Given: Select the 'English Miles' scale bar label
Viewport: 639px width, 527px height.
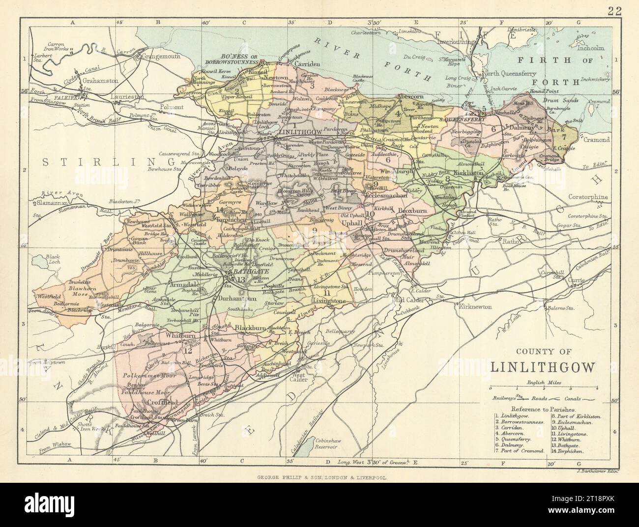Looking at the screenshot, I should (x=539, y=381).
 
